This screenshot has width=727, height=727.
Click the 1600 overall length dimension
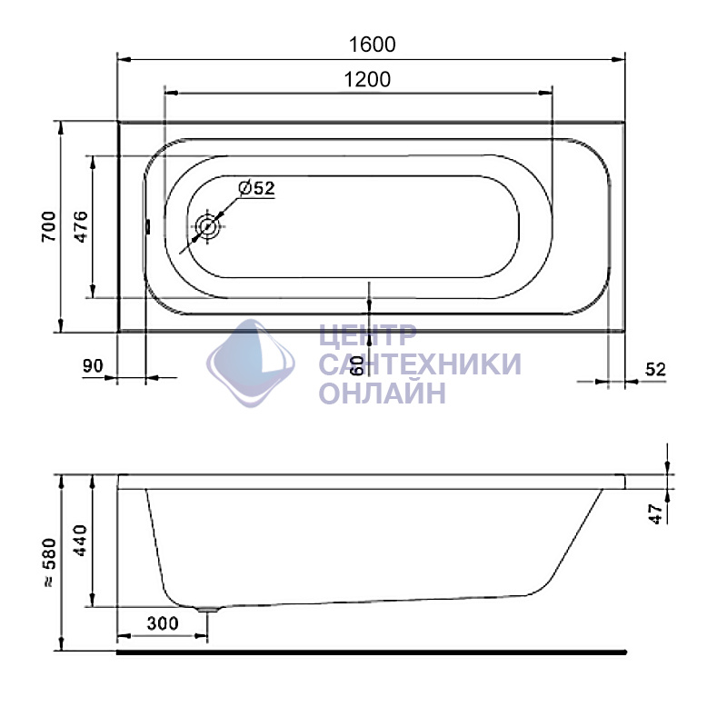click(x=372, y=45)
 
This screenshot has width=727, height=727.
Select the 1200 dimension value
click(x=367, y=79)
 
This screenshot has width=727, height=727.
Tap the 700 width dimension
click(x=49, y=226)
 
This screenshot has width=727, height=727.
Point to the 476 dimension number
click(x=81, y=226)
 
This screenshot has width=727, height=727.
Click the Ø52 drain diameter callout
click(x=256, y=188)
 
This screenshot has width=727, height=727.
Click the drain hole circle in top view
click(x=207, y=226)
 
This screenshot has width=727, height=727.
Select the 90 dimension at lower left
click(x=93, y=366)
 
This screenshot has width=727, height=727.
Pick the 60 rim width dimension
click(x=357, y=365)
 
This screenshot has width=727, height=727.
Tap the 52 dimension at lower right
click(x=655, y=369)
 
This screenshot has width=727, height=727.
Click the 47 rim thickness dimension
click(x=655, y=514)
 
